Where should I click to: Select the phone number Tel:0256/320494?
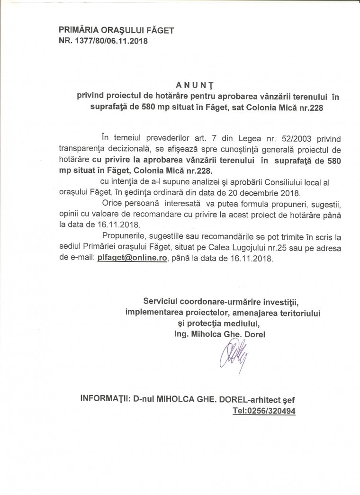click(264, 412)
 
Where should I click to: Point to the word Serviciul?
click(162, 302)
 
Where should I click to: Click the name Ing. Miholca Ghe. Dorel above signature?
click(220, 334)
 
